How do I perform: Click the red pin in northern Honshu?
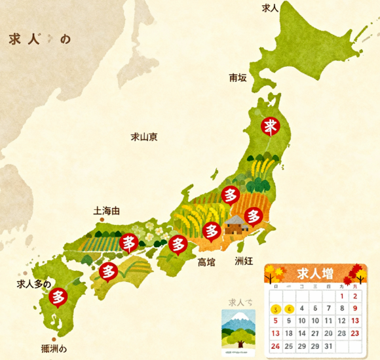(x=270, y=126)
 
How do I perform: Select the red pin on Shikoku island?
(x=109, y=270)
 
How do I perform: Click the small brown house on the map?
(x=234, y=226)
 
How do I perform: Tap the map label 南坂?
(x=238, y=78)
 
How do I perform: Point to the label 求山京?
(x=143, y=137)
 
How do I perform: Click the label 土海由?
(x=107, y=211)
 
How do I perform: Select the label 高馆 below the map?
(x=206, y=263)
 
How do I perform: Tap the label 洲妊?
(x=243, y=261)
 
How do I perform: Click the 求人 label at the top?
(x=270, y=8)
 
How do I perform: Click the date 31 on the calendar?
(x=329, y=346)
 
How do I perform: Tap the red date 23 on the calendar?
(x=355, y=333)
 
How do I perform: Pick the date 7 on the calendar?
(x=315, y=308)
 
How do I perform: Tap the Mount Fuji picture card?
(x=239, y=332)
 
